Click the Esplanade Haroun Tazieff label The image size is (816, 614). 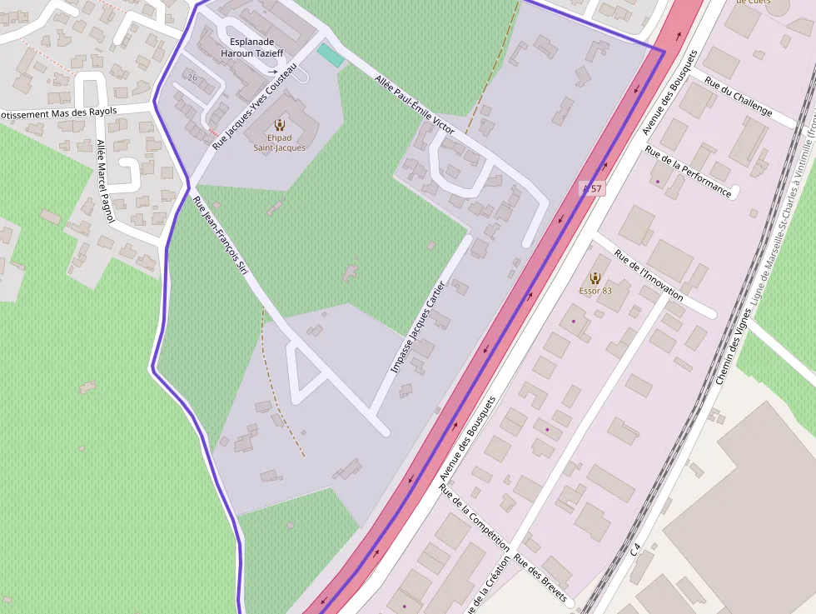[x=251, y=47]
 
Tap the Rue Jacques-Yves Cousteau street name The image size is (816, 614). [x=255, y=107]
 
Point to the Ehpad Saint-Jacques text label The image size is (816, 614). [x=279, y=142]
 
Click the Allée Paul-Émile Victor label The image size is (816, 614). [x=415, y=104]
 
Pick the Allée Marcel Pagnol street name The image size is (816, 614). [x=104, y=181]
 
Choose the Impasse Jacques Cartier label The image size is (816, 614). [x=419, y=327]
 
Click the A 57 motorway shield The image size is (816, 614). [x=591, y=188]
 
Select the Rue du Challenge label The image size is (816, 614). [x=739, y=96]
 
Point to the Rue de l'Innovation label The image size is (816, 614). [x=649, y=275]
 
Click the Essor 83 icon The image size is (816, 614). [x=595, y=277]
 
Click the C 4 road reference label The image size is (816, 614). [x=636, y=550]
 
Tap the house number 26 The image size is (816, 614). [x=192, y=77]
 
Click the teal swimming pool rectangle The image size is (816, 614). [x=330, y=56]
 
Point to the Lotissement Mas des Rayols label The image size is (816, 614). [x=58, y=112]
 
